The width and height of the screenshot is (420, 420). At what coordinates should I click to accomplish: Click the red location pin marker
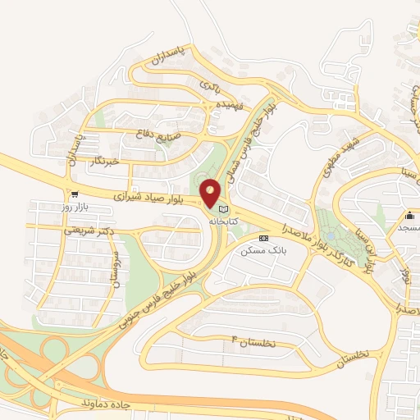point(211,194)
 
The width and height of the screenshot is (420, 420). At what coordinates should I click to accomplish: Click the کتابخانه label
point(222,222)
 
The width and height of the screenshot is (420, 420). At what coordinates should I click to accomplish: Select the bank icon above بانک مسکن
point(262,238)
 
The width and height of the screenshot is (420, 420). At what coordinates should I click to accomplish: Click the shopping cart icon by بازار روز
point(75,195)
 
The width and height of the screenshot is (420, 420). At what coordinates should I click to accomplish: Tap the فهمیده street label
point(226,107)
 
